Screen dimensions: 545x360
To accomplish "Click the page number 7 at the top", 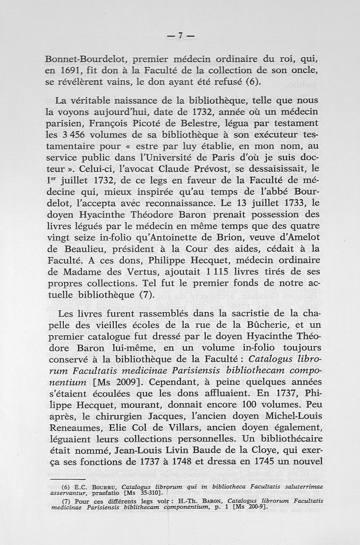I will pos(180,36).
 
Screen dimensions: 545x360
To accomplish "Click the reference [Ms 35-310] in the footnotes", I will pos(136,493).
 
